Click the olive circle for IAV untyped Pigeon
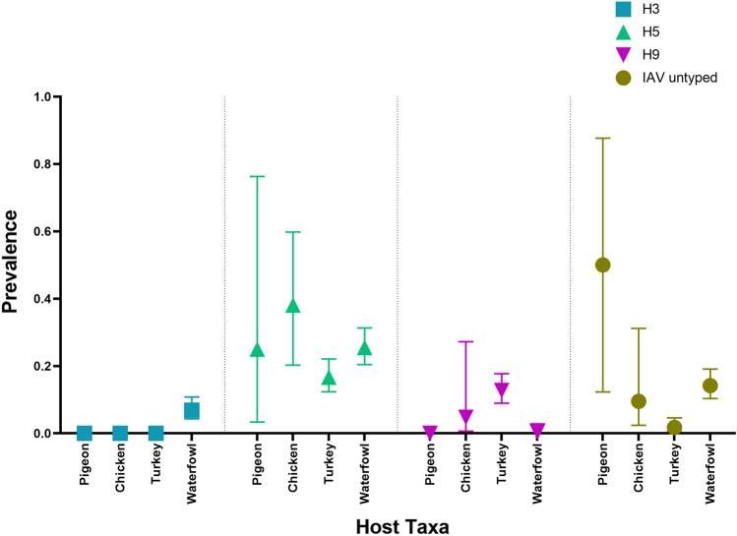click(x=602, y=265)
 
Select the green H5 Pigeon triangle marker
click(x=258, y=350)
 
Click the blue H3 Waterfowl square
click(x=192, y=410)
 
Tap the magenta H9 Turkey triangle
click(x=502, y=389)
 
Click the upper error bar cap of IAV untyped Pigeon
click(x=602, y=138)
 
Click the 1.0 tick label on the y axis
click(x=41, y=97)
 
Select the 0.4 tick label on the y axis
click(x=41, y=299)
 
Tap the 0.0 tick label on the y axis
click(x=41, y=434)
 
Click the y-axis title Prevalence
click(x=13, y=266)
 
